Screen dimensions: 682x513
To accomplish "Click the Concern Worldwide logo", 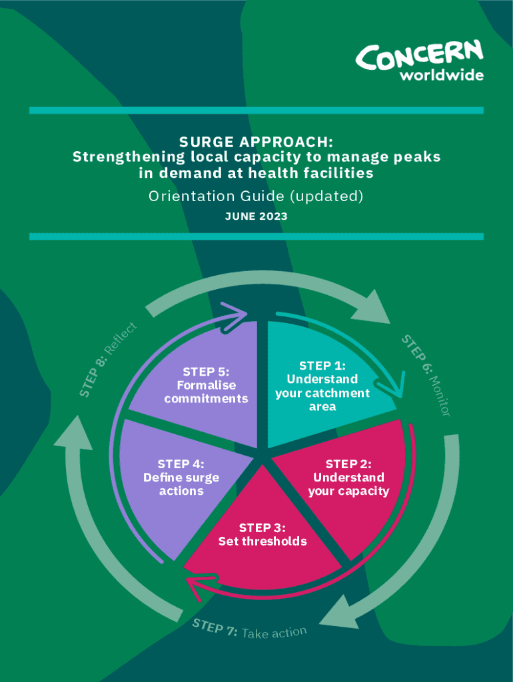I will pos(420,61).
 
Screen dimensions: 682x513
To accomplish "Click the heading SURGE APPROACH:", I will pos(256,143).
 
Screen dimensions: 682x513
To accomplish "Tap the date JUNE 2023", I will pos(256,216).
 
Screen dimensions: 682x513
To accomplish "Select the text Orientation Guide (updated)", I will pos(256,196).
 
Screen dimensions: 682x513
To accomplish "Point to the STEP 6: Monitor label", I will pos(427,377).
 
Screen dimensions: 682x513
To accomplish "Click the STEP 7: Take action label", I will pos(250,629).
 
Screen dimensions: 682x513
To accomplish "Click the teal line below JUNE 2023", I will pos(256,236).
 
